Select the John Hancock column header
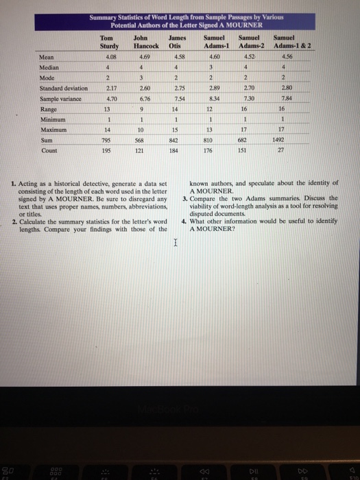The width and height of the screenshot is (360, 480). click(141, 42)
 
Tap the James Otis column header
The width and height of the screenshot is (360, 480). click(175, 42)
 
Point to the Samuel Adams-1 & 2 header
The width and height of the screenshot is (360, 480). click(287, 42)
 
